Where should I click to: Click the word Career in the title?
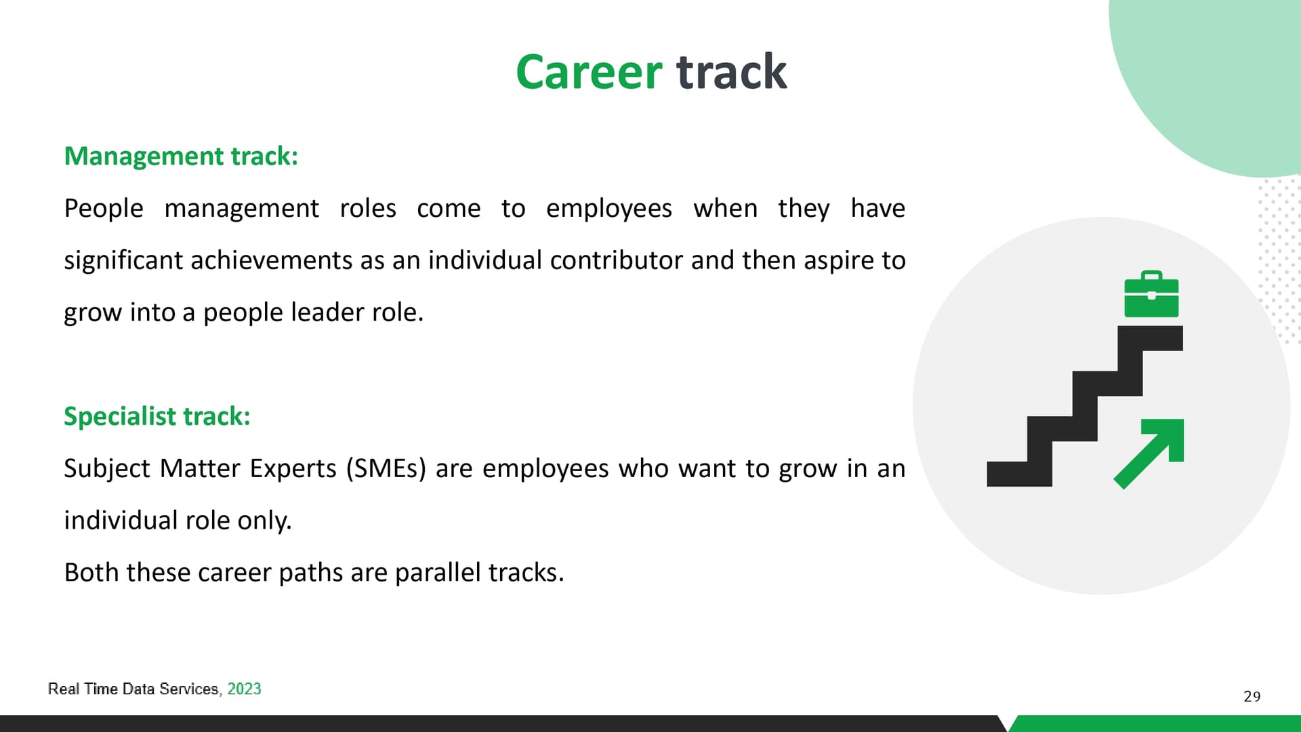(x=588, y=72)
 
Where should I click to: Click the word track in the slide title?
(x=732, y=72)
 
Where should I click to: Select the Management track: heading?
(x=181, y=157)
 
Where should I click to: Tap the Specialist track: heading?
(x=157, y=417)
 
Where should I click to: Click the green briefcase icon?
(x=1151, y=294)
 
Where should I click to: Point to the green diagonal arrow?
(x=1149, y=453)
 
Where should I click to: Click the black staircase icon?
(x=1085, y=406)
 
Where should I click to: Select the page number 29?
(x=1252, y=697)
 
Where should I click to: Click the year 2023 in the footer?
(x=244, y=689)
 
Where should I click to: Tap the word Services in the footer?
(x=190, y=689)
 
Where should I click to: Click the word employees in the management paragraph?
(x=609, y=209)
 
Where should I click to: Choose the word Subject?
(x=107, y=469)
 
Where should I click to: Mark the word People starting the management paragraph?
(x=104, y=209)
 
